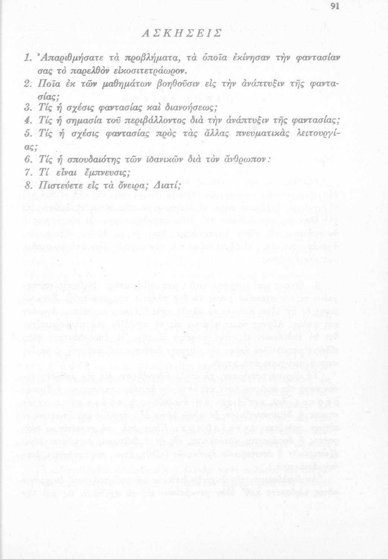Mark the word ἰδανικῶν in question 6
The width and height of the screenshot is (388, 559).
click(170, 160)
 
